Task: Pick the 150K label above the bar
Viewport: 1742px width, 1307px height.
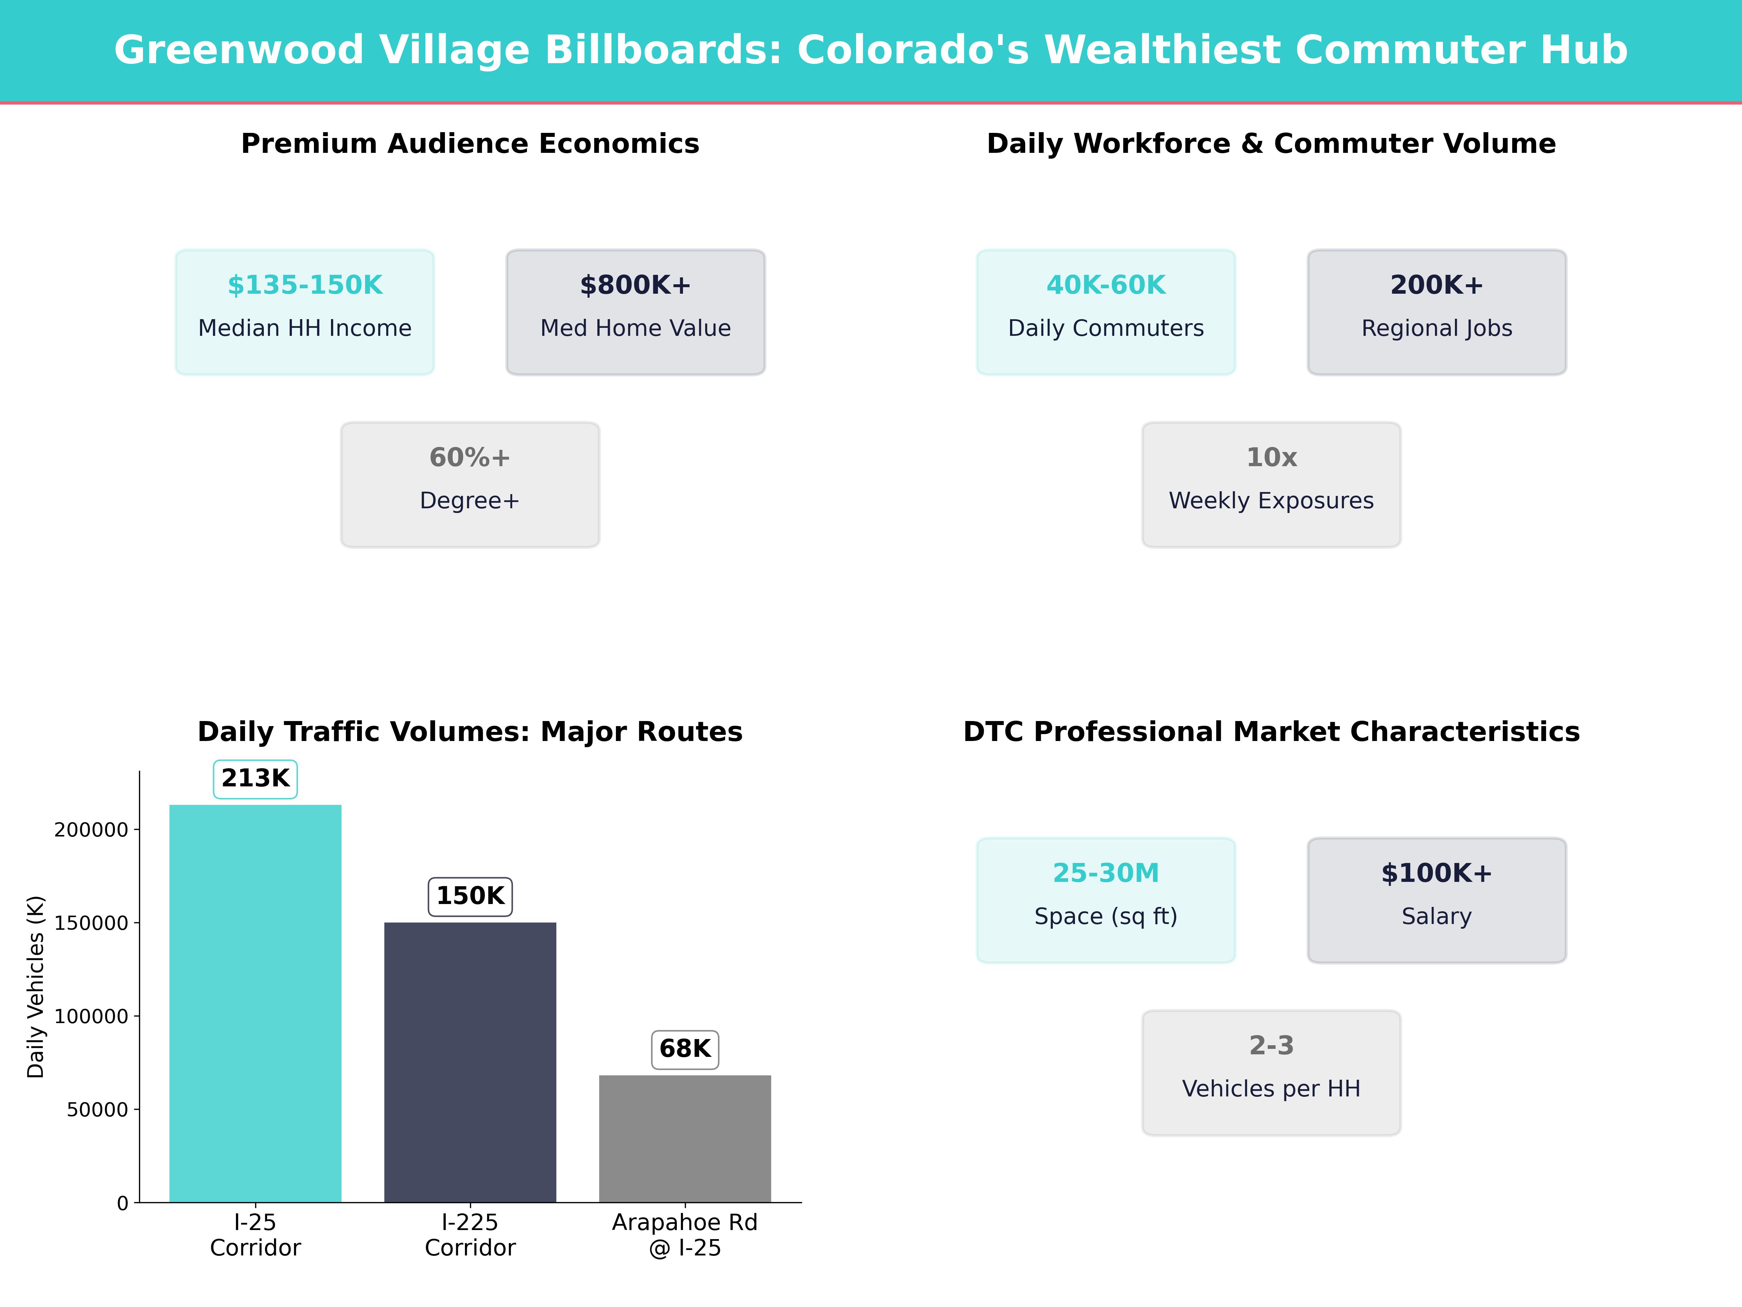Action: [x=470, y=896]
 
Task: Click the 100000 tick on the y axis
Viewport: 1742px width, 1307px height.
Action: [x=91, y=1016]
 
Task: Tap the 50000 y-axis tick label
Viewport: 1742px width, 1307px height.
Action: [x=97, y=1109]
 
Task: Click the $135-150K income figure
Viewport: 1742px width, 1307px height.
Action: [x=305, y=285]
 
